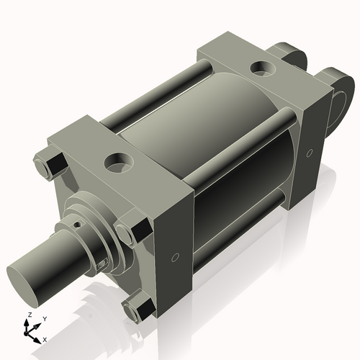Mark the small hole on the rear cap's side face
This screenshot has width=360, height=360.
[x=309, y=153]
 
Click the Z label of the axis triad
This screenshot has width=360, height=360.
[x=29, y=315]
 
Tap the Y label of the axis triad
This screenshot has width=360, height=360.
[x=44, y=318]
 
